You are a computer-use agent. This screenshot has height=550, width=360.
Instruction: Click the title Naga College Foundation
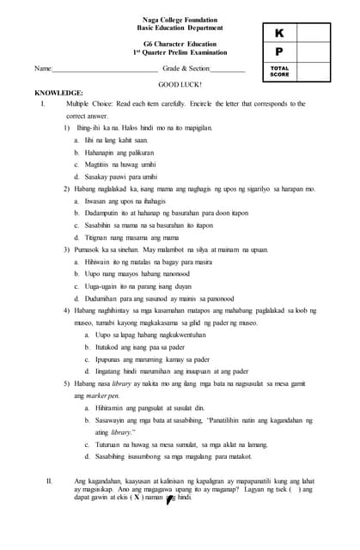pos(180,19)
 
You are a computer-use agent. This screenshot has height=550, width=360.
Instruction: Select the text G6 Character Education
pos(180,43)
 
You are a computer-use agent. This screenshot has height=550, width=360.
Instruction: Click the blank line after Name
pos(104,69)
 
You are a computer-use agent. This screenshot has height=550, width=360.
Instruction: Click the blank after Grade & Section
pos(228,69)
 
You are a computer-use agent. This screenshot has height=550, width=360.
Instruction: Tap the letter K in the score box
pos(279,34)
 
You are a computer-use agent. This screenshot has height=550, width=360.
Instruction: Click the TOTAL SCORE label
pos(279,70)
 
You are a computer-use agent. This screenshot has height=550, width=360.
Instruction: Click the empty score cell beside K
pos(313,34)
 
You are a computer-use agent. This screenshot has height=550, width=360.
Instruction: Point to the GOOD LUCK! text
pos(180,85)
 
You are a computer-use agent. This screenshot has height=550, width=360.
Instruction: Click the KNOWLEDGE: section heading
pos(58,93)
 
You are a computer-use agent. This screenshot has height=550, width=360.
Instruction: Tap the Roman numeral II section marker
pos(50,480)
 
